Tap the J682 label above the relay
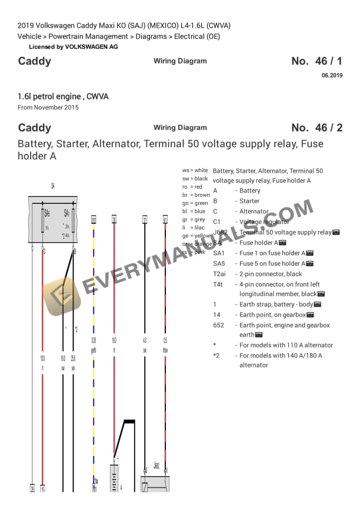(x=156, y=465)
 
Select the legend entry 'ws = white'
(x=195, y=170)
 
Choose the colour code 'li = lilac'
(x=192, y=227)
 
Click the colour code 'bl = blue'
(x=194, y=211)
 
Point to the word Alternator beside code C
(x=254, y=212)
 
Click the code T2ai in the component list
(x=222, y=274)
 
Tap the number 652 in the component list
(x=218, y=325)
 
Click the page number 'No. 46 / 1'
(x=316, y=62)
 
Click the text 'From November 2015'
(x=48, y=108)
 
